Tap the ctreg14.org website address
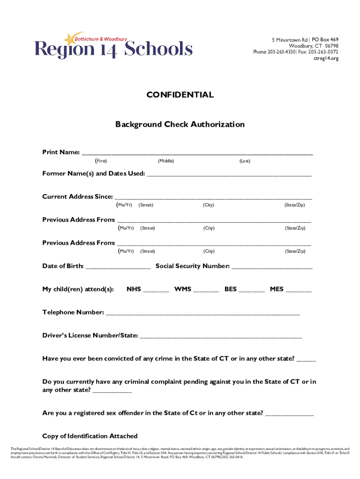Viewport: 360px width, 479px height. click(x=326, y=58)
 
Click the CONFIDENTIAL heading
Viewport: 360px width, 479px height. click(x=180, y=95)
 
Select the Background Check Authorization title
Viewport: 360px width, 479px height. click(x=180, y=124)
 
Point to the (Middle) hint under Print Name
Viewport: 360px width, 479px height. click(x=166, y=161)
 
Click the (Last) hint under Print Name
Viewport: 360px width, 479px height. click(x=245, y=161)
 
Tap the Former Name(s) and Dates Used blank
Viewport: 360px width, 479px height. click(x=229, y=174)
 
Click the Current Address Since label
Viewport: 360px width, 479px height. click(x=78, y=196)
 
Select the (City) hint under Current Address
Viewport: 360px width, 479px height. click(x=209, y=205)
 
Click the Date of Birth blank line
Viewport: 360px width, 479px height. click(x=118, y=267)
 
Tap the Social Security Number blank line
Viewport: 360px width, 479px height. click(x=272, y=267)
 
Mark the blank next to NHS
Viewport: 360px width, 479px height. click(x=156, y=290)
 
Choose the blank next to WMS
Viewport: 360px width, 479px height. click(x=206, y=290)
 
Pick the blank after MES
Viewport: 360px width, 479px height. click(x=298, y=290)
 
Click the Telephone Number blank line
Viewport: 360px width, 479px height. click(x=202, y=313)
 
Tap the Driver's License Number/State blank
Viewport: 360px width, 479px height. click(x=221, y=336)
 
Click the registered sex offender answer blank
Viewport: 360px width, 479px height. click(x=289, y=414)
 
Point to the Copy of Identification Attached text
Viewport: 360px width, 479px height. click(x=90, y=436)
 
